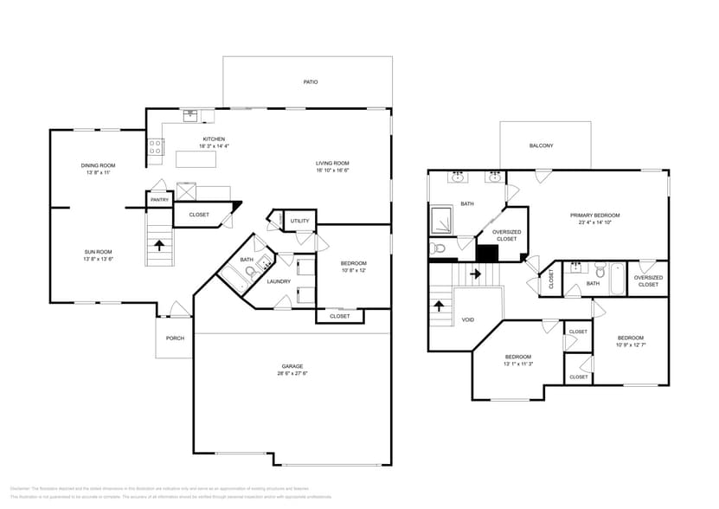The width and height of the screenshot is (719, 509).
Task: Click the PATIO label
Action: (310, 82)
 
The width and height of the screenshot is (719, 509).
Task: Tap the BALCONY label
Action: (541, 145)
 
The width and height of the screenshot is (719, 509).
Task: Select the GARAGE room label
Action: (292, 366)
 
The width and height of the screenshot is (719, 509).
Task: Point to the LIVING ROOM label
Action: (331, 163)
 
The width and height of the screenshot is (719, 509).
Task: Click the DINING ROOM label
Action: (98, 165)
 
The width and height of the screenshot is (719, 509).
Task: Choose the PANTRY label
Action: (159, 200)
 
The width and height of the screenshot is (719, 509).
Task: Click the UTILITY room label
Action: (300, 221)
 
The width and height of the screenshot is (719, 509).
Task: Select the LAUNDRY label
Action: (279, 281)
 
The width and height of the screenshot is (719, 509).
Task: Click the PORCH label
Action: (175, 338)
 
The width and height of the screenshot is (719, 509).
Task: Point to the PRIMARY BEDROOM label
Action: (594, 215)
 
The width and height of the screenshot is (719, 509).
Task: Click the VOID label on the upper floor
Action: (467, 319)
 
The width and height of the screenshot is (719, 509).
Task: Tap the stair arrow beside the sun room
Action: (159, 246)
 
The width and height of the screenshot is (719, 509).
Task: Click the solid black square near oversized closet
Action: (488, 253)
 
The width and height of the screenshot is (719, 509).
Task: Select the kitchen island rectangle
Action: (196, 159)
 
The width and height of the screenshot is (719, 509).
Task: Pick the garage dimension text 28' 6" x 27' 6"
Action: (292, 374)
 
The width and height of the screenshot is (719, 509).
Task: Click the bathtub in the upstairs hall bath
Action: (615, 279)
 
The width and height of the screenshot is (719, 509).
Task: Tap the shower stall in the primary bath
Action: (443, 221)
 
